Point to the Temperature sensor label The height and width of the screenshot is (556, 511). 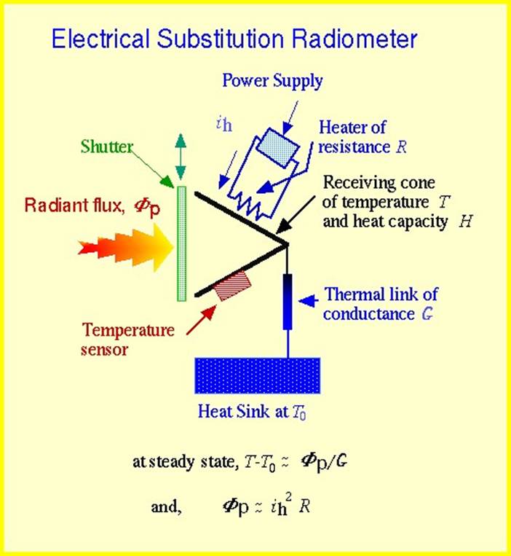128,340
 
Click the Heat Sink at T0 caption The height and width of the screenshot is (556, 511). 258,411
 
